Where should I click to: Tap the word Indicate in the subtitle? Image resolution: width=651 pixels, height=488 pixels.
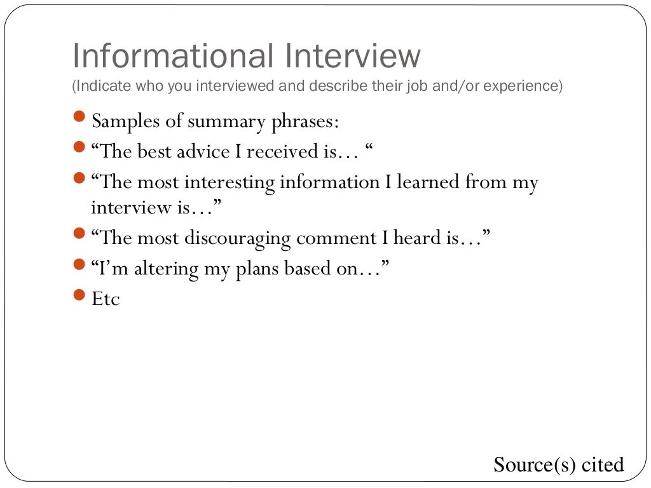coord(97,86)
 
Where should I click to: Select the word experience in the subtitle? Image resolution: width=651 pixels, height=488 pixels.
coord(521,86)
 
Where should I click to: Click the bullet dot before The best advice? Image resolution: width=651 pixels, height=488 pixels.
coord(78,148)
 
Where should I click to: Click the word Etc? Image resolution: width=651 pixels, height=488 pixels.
coord(106,299)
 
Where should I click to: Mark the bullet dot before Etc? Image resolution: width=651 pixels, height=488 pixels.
coord(78,295)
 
